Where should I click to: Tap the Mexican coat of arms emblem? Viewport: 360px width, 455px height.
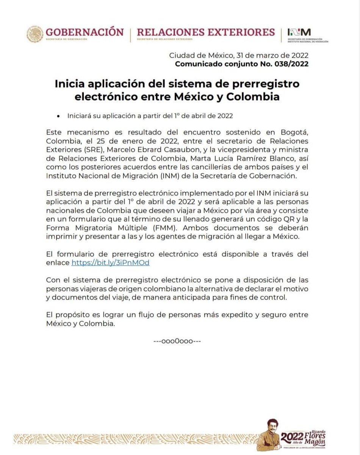coord(35,34)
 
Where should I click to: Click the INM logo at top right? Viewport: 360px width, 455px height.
coord(299,32)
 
